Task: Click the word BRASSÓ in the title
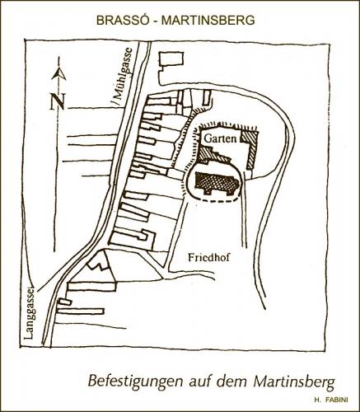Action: pyautogui.click(x=122, y=20)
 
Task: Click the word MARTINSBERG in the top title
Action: pyautogui.click(x=208, y=20)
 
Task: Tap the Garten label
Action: pyautogui.click(x=221, y=138)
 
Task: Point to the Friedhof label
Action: pyautogui.click(x=208, y=257)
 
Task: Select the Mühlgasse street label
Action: pyautogui.click(x=122, y=77)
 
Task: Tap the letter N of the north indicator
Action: pyautogui.click(x=57, y=101)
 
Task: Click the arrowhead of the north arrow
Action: pyautogui.click(x=58, y=74)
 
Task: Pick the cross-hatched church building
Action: pyautogui.click(x=216, y=182)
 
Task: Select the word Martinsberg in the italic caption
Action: pyautogui.click(x=295, y=382)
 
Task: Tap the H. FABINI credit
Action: pyautogui.click(x=330, y=400)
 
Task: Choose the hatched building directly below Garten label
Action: pyautogui.click(x=214, y=156)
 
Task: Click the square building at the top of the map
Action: pyautogui.click(x=171, y=59)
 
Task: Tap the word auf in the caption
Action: pyautogui.click(x=200, y=382)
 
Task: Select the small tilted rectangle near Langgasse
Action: pyautogui.click(x=65, y=302)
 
